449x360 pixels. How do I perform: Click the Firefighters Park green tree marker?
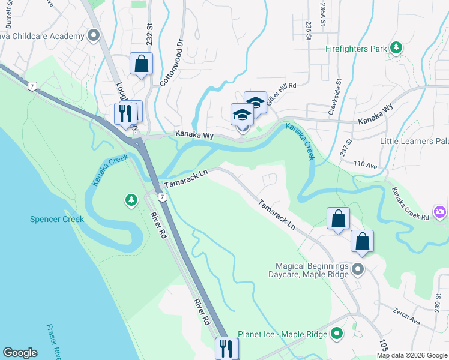[396, 47]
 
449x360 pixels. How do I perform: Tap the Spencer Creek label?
[58, 219]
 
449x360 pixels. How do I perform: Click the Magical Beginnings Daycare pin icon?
[358, 269]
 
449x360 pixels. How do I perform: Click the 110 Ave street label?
[366, 163]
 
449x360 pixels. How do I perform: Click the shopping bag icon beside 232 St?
[141, 63]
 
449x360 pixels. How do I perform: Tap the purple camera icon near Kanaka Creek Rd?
[441, 212]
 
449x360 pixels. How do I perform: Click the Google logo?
[20, 353]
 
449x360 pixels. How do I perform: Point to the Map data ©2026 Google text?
[411, 355]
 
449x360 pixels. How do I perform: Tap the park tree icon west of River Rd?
[131, 199]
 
